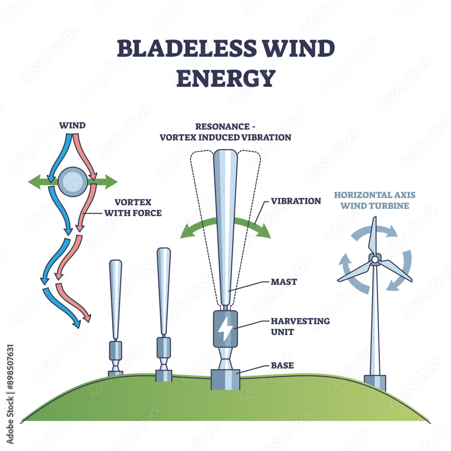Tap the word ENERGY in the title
click(225, 77)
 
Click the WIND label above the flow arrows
click(72, 125)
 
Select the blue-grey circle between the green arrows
click(72, 182)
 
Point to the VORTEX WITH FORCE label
click(133, 207)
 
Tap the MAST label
click(285, 282)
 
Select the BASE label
click(282, 365)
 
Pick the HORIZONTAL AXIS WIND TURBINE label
click(374, 201)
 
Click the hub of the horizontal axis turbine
click(374, 259)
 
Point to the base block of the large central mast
click(225, 379)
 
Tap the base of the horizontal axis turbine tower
click(375, 382)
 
